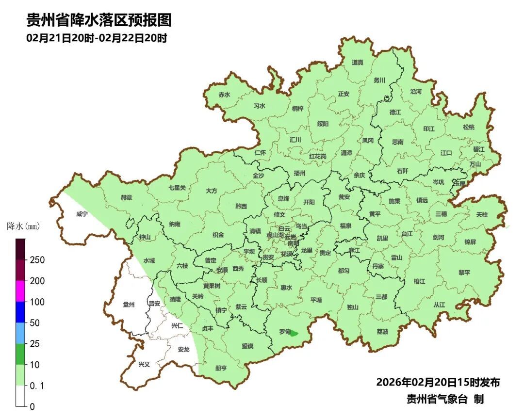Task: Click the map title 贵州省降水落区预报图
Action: pos(99,20)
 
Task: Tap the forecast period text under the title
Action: pos(97,38)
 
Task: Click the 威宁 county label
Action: pos(82,214)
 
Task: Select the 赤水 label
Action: pos(224,95)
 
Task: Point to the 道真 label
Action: pos(358,62)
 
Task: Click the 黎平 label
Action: pos(464,273)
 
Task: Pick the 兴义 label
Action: pos(144,365)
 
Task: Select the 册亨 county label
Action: pos(221,368)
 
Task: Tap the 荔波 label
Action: pos(382,332)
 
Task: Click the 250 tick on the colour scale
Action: pos(37,260)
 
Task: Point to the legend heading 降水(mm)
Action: pos(23,226)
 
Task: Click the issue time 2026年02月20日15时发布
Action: pos(438,382)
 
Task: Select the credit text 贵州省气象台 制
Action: pos(445,399)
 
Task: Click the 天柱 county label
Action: pos(482,214)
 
